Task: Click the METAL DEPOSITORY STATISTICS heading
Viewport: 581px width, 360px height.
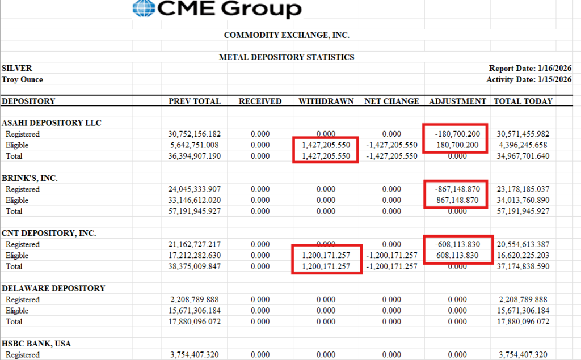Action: coord(287,57)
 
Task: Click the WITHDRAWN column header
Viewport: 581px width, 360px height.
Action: coord(326,101)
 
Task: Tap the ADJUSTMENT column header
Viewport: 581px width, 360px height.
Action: coord(457,101)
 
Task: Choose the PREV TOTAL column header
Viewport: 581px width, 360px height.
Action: coord(195,101)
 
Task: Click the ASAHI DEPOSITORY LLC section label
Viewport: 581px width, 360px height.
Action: coord(52,123)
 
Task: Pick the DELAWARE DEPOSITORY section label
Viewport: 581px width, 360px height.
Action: coord(53,289)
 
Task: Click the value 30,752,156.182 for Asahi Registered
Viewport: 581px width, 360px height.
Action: coord(195,134)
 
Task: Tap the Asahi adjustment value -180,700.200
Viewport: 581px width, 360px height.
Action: coord(457,134)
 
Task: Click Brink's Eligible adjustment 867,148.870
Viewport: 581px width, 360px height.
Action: coord(457,200)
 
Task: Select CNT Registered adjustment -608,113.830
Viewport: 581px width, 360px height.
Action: coord(457,244)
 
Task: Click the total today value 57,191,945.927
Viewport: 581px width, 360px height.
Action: coord(522,211)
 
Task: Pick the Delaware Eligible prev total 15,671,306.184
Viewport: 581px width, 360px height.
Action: coord(195,311)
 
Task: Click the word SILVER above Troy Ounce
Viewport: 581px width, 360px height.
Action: coord(17,69)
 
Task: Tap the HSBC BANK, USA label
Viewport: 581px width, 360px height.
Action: coord(36,344)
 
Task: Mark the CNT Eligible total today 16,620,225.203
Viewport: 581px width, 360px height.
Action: coord(522,256)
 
